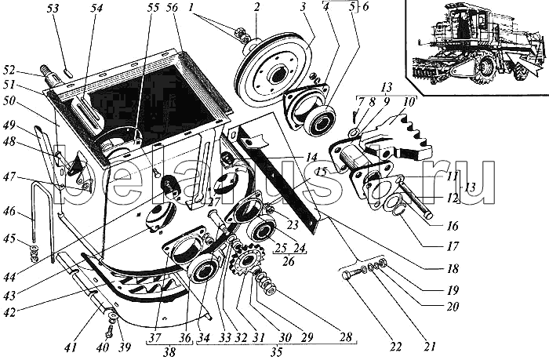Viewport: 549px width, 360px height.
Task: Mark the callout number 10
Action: (410, 100)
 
